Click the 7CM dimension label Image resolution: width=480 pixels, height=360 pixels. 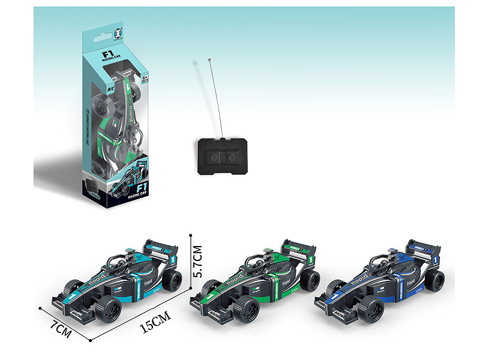(x=62, y=329)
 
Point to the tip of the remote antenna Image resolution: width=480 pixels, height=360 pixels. (x=209, y=60)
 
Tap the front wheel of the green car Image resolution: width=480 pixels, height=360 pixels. (x=244, y=310)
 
